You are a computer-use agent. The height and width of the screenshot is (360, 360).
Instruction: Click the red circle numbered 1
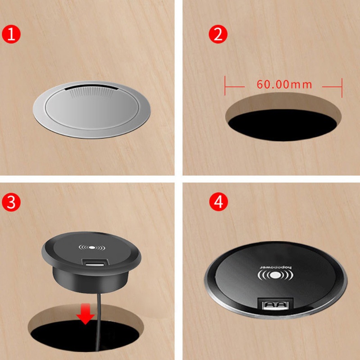pos(13,34)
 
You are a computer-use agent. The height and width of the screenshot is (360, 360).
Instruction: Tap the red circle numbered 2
pos(219,34)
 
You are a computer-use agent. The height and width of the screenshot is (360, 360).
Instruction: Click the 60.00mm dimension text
pos(284,84)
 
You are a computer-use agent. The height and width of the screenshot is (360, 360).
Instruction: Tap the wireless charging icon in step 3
pos(91,247)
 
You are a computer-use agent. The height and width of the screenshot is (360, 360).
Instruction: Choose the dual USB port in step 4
pos(276,305)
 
